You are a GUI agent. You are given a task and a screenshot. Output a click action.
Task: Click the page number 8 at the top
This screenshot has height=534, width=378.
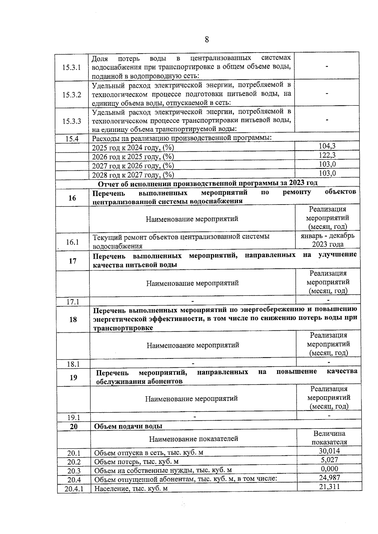(207, 40)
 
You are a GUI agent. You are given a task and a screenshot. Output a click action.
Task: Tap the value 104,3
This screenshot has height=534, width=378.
(327, 146)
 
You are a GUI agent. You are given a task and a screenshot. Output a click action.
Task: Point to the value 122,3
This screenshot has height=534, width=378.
(327, 155)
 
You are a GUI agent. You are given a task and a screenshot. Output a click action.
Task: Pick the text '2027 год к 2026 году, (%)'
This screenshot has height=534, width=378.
(133, 166)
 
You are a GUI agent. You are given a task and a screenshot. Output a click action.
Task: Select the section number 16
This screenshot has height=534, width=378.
(72, 198)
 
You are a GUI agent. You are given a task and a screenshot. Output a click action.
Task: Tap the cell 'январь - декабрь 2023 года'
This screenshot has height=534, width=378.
(328, 240)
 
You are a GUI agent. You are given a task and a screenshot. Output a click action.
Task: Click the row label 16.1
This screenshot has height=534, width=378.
(72, 242)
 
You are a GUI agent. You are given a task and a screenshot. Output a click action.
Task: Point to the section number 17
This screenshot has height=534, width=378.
(72, 261)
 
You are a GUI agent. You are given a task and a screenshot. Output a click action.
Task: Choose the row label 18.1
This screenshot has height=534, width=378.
(73, 364)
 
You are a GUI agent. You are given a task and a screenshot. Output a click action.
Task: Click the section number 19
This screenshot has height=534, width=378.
(73, 377)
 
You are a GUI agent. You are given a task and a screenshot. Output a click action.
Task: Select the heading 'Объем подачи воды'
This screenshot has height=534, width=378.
(128, 426)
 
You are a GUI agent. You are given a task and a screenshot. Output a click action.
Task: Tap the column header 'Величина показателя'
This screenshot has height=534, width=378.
(329, 438)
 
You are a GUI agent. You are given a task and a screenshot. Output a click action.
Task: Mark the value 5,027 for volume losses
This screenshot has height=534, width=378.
(329, 460)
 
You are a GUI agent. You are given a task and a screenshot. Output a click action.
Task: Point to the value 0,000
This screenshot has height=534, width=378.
(329, 469)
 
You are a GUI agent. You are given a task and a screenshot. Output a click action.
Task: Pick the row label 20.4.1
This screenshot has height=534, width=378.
(74, 489)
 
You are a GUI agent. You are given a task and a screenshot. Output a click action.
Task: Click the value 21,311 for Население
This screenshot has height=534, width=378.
(329, 487)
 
